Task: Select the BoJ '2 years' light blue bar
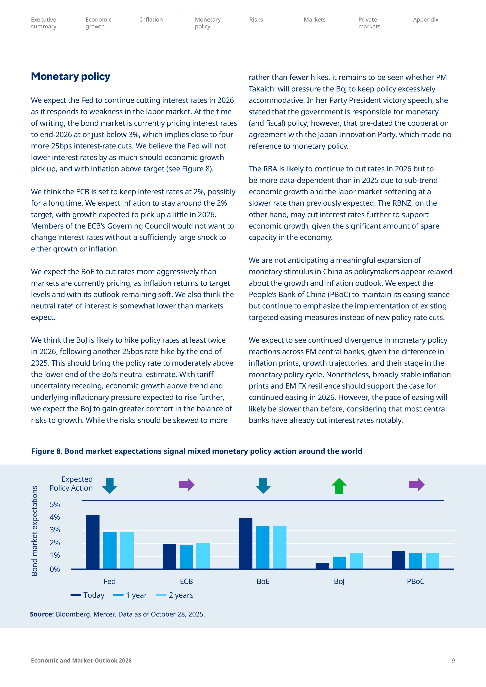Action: click(356, 561)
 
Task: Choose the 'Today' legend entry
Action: click(88, 595)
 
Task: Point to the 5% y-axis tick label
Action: click(55, 504)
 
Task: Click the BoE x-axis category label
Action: click(263, 581)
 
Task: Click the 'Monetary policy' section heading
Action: click(71, 77)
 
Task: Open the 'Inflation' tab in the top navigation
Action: click(151, 20)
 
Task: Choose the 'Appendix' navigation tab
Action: click(425, 20)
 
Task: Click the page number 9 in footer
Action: click(453, 660)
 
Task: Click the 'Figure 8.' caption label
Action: click(47, 451)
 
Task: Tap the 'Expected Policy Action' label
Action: click(71, 484)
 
